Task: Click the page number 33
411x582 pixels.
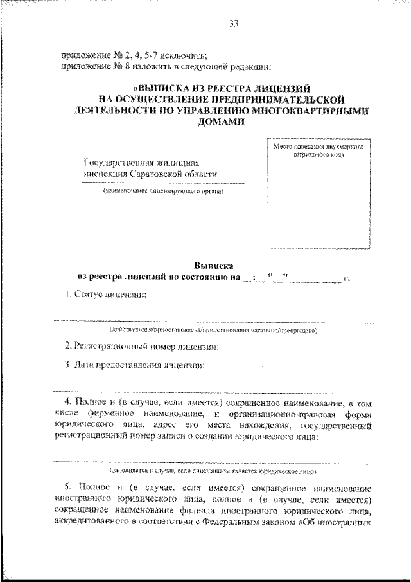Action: pyautogui.click(x=233, y=24)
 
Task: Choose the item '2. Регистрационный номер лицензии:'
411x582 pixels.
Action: pyautogui.click(x=143, y=346)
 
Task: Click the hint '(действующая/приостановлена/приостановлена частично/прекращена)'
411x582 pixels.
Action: pyautogui.click(x=212, y=331)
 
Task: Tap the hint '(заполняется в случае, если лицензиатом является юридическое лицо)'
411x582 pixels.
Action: pyautogui.click(x=212, y=471)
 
